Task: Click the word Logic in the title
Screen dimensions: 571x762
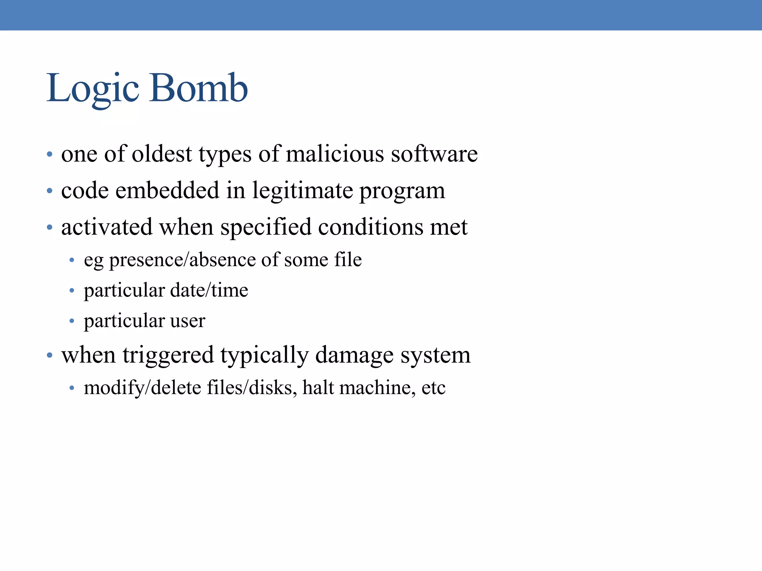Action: pyautogui.click(x=93, y=88)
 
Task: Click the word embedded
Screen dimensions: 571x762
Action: pyautogui.click(x=167, y=190)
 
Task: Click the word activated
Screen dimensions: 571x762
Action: pyautogui.click(x=107, y=227)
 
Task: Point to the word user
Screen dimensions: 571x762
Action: pyautogui.click(x=188, y=321)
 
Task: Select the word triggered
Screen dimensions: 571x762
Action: pyautogui.click(x=168, y=355)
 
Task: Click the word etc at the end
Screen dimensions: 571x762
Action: pyautogui.click(x=433, y=388)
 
